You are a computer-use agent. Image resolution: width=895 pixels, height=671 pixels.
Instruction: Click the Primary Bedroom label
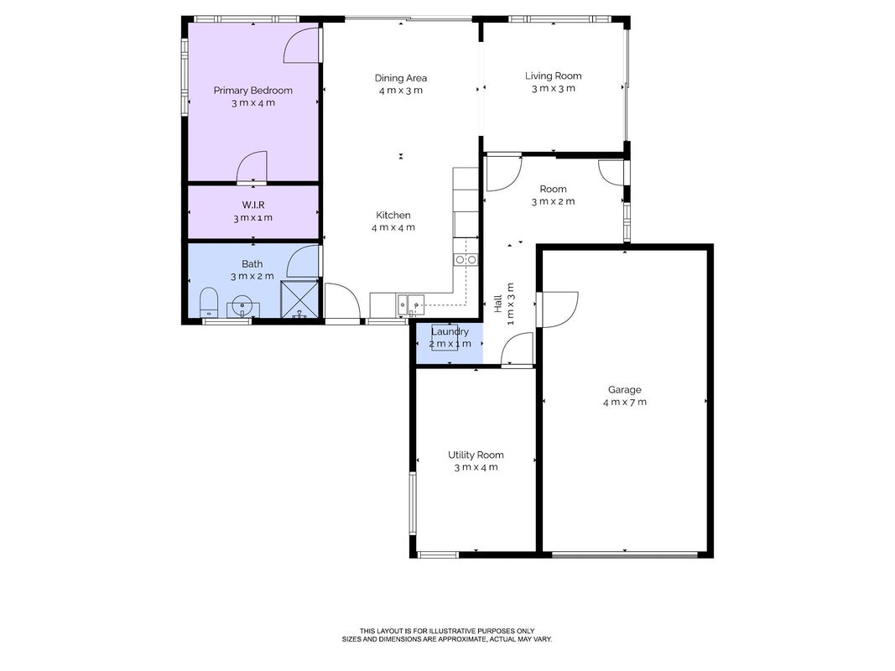pos(252,90)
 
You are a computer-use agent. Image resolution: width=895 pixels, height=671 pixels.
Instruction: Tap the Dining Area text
pos(401,78)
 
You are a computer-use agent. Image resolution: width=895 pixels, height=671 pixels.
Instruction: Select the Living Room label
pos(553,75)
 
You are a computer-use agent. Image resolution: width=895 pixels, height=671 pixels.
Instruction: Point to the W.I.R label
pos(252,205)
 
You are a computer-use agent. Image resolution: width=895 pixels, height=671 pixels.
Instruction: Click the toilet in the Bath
pos(209,302)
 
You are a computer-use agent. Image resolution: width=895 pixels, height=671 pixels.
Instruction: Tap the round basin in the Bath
pos(243,306)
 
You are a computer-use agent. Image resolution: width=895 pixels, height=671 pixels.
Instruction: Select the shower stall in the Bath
pos(299,299)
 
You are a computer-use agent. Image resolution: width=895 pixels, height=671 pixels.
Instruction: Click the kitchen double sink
pos(411,305)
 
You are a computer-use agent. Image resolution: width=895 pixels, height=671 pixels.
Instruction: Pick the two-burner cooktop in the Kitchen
pos(466,260)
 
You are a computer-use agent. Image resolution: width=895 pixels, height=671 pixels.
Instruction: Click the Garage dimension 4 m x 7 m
pos(624,403)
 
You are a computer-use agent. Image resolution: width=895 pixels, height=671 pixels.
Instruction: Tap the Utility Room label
pos(476,455)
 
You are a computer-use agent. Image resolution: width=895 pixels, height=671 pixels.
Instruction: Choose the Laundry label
pos(450,331)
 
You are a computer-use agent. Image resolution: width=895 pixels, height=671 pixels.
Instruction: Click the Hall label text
pos(497,304)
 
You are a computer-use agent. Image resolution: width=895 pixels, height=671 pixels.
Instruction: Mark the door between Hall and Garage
pos(556,309)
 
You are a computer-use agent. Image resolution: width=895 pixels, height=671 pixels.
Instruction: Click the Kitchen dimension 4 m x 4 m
pos(393,227)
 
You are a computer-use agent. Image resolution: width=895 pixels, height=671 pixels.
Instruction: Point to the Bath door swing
pos(303,262)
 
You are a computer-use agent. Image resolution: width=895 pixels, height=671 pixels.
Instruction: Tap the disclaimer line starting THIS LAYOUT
pos(447,631)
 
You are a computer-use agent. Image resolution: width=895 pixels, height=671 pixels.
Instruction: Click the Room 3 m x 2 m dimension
pos(553,201)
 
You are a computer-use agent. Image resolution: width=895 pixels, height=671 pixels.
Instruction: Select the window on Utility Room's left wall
pos(413,503)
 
